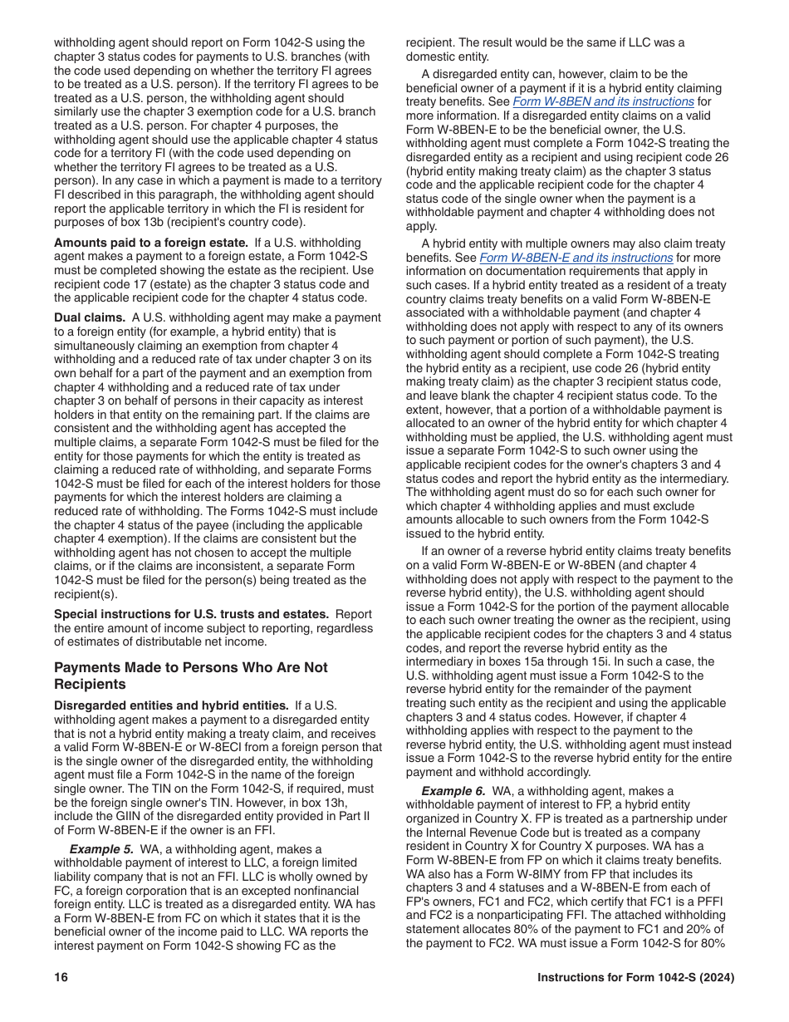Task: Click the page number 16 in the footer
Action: (x=61, y=977)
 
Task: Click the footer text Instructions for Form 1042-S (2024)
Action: (x=635, y=977)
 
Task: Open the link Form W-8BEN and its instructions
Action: (x=603, y=101)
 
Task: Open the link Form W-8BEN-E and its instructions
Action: (x=576, y=258)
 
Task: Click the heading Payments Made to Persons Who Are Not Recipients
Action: (x=190, y=676)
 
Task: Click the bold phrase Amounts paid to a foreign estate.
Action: (x=151, y=243)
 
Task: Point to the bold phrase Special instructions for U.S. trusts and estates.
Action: (x=191, y=614)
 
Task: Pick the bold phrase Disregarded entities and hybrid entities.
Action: (x=171, y=705)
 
